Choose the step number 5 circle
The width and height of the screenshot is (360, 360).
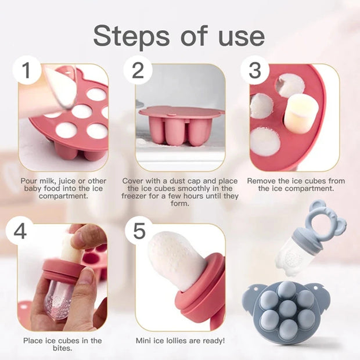point(139,231)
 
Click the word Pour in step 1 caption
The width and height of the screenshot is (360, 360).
point(30,181)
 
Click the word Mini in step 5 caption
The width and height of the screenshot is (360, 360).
point(145,340)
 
